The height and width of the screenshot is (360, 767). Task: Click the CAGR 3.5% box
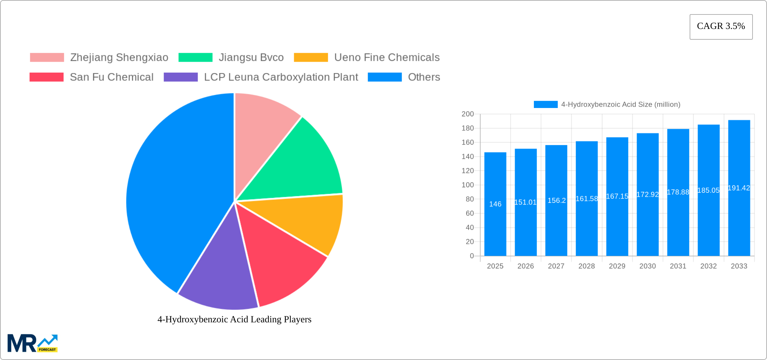point(721,27)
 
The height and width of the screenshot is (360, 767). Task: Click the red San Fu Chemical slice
point(279,259)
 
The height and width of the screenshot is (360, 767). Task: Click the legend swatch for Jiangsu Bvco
point(195,58)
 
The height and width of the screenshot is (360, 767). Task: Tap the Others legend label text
point(424,77)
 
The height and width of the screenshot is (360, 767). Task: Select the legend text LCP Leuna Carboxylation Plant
point(281,77)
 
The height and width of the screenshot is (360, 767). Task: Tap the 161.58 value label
point(587,199)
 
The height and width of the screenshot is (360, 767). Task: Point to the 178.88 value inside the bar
point(678,192)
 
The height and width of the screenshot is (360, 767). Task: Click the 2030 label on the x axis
point(648,266)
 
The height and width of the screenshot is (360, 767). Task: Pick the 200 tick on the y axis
point(468,114)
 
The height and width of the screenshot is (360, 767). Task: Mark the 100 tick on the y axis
point(468,185)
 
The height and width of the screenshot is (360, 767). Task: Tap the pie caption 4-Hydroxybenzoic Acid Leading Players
point(234,319)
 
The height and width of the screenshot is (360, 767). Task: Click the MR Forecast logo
point(32,343)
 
